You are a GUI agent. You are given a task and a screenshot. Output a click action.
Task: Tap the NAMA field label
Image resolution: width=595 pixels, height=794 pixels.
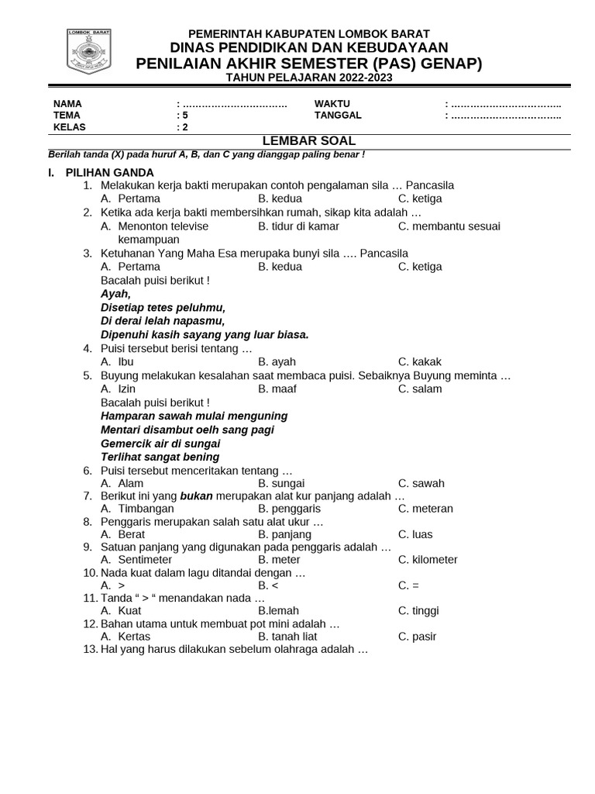67,104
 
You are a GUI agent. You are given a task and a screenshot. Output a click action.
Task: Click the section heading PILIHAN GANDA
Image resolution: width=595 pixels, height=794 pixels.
109,172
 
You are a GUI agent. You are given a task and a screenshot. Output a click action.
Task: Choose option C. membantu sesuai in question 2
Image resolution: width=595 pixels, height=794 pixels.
449,226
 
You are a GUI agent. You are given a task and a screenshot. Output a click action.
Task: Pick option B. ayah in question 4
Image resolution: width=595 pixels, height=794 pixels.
277,361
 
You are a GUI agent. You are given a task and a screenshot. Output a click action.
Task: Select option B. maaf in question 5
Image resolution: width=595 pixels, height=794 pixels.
277,388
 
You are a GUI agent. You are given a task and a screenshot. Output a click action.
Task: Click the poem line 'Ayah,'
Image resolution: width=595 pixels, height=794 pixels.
116,294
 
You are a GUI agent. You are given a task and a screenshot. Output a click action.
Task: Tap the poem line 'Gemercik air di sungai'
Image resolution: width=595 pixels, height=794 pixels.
160,444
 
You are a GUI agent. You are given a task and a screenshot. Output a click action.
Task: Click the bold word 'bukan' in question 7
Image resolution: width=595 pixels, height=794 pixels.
196,495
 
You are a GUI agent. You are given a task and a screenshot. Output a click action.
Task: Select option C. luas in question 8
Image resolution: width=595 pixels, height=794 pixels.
415,534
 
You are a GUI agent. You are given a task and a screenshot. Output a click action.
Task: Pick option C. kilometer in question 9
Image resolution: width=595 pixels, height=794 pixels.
428,560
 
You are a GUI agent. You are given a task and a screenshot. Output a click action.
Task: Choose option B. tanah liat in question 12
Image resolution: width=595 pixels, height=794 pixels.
287,637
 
